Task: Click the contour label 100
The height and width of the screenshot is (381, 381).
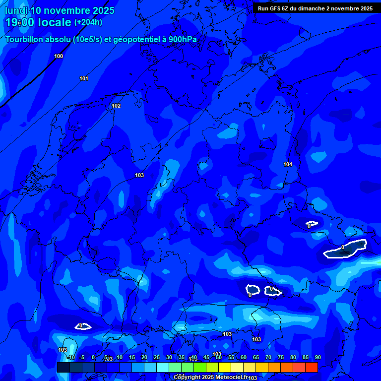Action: [59, 56]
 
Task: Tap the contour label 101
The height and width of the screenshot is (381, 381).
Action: [84, 79]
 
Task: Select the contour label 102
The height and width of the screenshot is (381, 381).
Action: [116, 106]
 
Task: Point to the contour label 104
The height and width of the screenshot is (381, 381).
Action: [288, 164]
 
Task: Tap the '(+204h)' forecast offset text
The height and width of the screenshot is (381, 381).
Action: [88, 22]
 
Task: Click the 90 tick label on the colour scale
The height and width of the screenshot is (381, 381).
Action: [317, 358]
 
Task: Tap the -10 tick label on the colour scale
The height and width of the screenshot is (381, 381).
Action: [71, 358]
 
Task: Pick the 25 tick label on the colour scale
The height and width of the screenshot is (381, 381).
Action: [157, 358]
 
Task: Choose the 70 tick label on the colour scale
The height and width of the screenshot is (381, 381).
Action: [268, 358]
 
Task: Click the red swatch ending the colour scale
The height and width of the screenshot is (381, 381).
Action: [312, 367]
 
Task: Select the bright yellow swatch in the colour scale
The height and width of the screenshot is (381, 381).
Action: [225, 367]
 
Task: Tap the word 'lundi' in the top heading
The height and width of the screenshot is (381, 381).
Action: [16, 10]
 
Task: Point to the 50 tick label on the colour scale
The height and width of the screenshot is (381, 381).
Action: [219, 358]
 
